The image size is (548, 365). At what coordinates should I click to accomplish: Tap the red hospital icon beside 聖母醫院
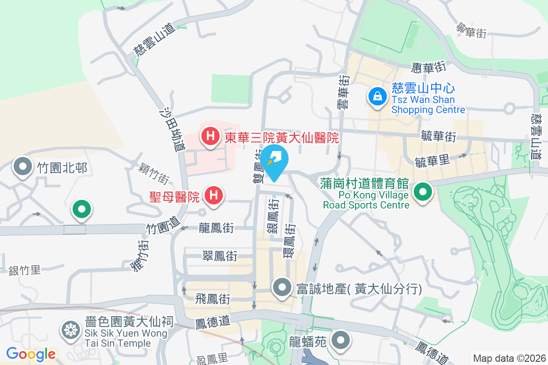(x=213, y=196)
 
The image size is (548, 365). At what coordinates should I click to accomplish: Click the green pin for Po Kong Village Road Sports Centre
(x=423, y=192)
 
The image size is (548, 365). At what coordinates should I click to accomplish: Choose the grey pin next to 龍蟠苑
(x=340, y=341)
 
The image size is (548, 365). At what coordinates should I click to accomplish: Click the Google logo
(x=31, y=354)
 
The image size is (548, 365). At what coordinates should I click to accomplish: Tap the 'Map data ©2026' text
(x=509, y=358)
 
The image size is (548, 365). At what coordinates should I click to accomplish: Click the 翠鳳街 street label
(x=220, y=256)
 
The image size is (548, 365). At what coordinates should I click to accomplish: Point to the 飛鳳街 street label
(x=212, y=299)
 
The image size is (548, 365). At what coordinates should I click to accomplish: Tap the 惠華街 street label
(x=428, y=68)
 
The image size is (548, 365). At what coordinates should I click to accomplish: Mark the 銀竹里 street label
(x=25, y=271)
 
